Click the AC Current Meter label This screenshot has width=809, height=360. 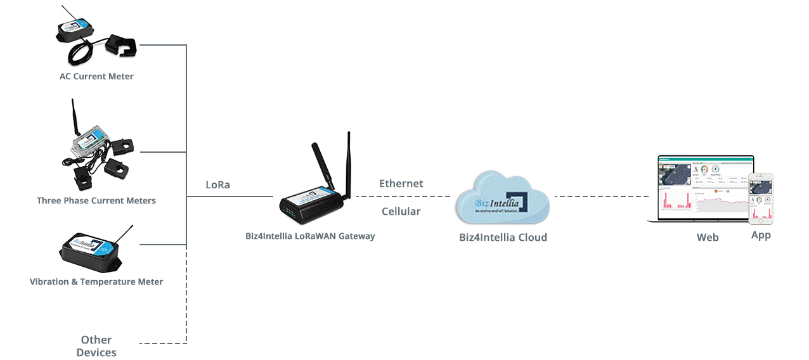96,77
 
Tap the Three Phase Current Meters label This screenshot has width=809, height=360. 96,200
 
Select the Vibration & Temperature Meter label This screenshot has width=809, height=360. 96,281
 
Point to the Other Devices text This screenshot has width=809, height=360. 96,346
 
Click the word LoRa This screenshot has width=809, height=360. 217,185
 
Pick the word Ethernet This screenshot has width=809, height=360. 401,184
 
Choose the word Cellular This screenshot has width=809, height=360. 401,211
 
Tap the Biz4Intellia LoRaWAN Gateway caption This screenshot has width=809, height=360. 310,236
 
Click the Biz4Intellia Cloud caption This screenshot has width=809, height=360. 503,238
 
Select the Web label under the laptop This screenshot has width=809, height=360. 708,237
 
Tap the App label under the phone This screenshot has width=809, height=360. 761,235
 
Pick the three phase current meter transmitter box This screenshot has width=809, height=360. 87,141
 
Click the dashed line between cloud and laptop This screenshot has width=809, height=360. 602,196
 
